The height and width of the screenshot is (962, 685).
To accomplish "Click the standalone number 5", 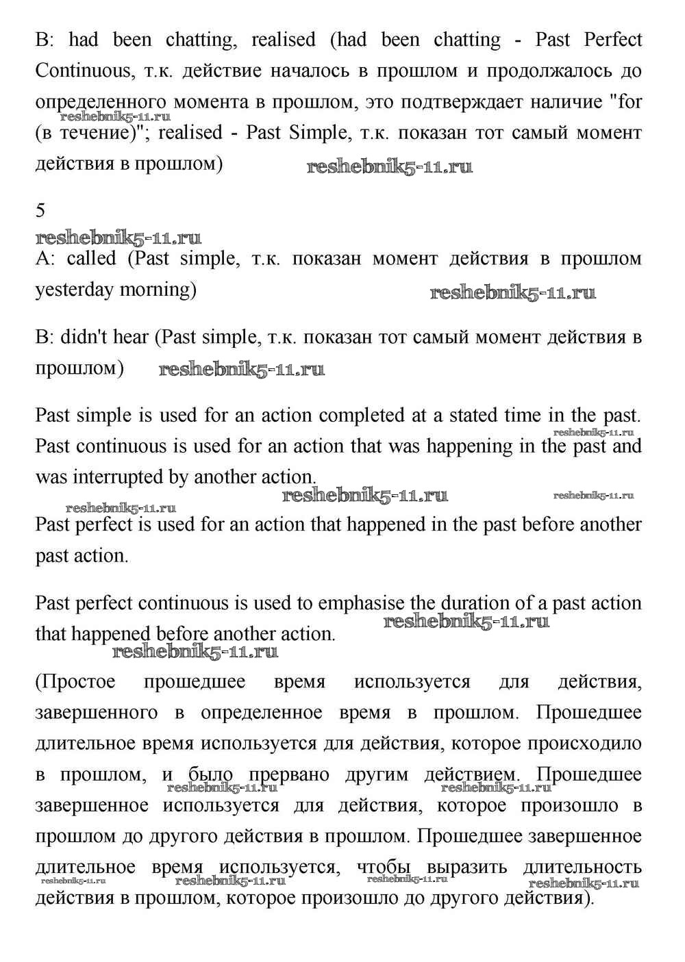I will click(x=40, y=211).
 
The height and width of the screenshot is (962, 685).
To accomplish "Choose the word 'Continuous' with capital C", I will click(x=82, y=71).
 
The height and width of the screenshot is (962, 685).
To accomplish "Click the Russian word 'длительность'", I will click(x=582, y=867).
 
